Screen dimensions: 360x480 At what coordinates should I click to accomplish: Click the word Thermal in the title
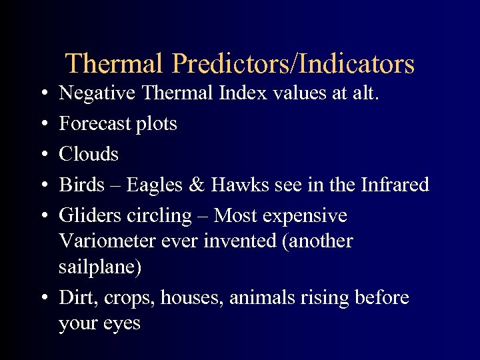(x=114, y=64)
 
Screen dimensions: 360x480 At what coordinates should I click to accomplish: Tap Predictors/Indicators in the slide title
(x=293, y=64)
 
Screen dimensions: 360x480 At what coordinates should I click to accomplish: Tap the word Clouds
(x=89, y=154)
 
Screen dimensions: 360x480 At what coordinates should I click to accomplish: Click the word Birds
(x=82, y=185)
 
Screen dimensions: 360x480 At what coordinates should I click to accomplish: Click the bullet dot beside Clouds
(x=43, y=155)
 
